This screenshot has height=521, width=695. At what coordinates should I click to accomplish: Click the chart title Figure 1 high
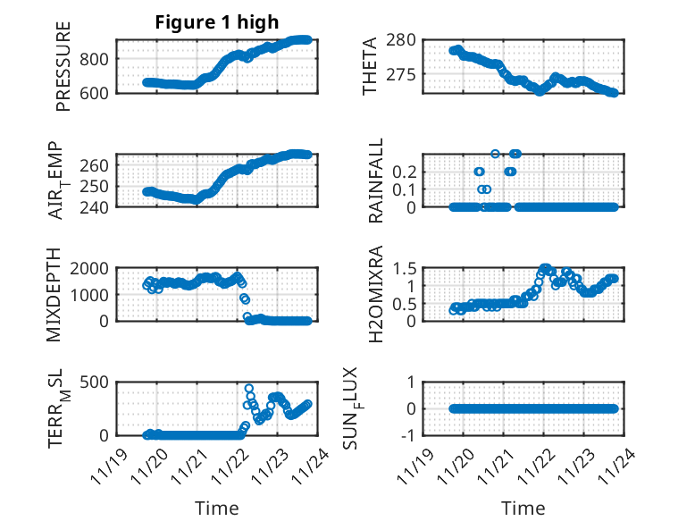click(217, 22)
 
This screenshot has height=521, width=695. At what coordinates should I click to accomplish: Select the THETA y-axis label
click(369, 67)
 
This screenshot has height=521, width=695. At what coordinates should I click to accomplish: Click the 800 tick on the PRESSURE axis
click(96, 58)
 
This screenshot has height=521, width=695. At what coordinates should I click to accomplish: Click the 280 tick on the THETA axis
click(403, 40)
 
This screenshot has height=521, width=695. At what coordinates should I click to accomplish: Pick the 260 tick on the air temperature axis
click(96, 165)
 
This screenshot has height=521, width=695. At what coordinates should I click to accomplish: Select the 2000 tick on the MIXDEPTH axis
click(91, 267)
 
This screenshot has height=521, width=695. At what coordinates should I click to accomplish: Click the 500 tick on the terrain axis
click(96, 382)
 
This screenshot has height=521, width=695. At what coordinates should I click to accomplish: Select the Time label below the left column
click(217, 508)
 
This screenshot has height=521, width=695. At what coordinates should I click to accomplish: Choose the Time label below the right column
click(523, 508)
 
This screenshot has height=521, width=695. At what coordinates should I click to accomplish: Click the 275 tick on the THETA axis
click(403, 74)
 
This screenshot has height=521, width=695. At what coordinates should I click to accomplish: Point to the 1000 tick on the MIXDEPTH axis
click(91, 294)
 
